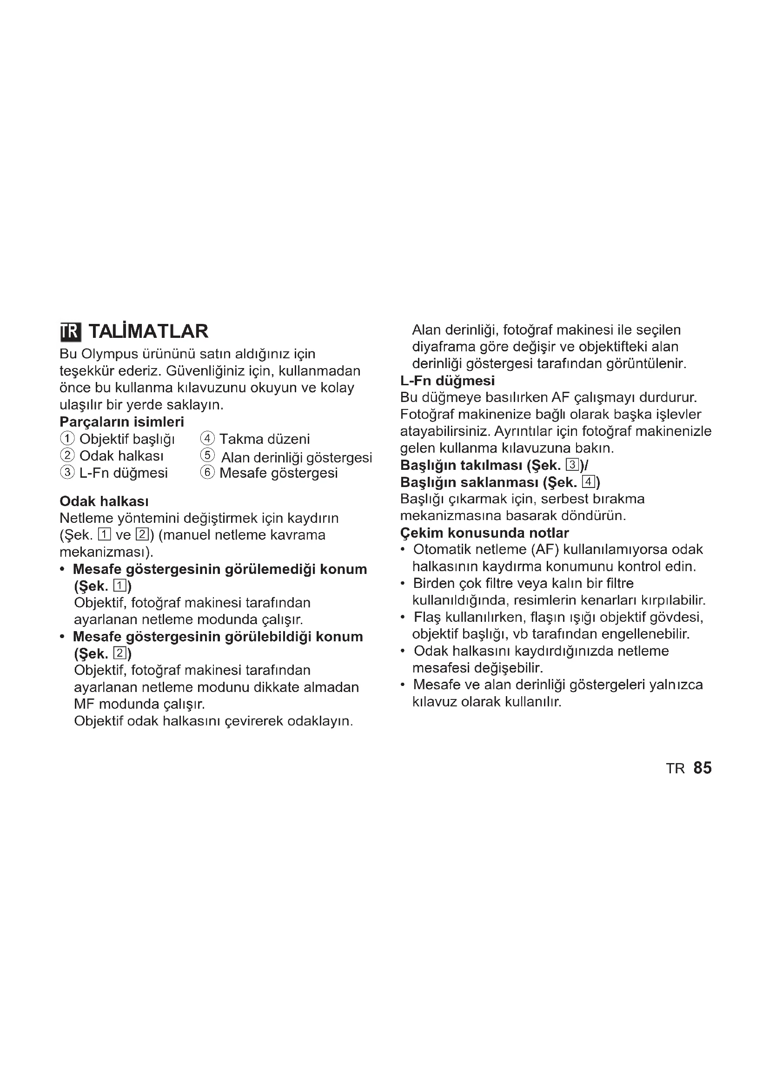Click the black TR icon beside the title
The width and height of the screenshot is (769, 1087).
pyautogui.click(x=71, y=331)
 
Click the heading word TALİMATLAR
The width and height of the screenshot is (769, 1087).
pyautogui.click(x=148, y=331)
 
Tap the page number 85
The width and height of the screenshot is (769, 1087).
pyautogui.click(x=702, y=768)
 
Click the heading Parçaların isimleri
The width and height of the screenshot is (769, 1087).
pyautogui.click(x=122, y=422)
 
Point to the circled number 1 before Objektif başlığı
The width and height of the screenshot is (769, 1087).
pyautogui.click(x=67, y=439)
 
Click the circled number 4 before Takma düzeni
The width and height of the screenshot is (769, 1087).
pyautogui.click(x=207, y=439)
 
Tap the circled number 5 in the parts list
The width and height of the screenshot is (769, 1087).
pyautogui.click(x=207, y=455)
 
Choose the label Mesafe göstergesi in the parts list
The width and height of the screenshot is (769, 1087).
pyautogui.click(x=278, y=473)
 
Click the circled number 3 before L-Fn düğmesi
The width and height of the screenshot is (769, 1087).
pyautogui.click(x=67, y=473)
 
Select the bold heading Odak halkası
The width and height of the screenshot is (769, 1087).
pyautogui.click(x=104, y=501)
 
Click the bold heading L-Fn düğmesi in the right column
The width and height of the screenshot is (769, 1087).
pyautogui.click(x=447, y=381)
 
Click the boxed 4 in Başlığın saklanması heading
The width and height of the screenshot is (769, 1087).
pyautogui.click(x=588, y=482)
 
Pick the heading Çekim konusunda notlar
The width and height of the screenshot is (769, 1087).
pyautogui.click(x=484, y=533)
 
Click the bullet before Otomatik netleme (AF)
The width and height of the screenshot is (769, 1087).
pyautogui.click(x=403, y=550)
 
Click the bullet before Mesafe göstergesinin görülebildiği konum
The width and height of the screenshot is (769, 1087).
pyautogui.click(x=62, y=637)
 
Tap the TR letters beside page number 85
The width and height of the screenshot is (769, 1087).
pyautogui.click(x=675, y=769)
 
